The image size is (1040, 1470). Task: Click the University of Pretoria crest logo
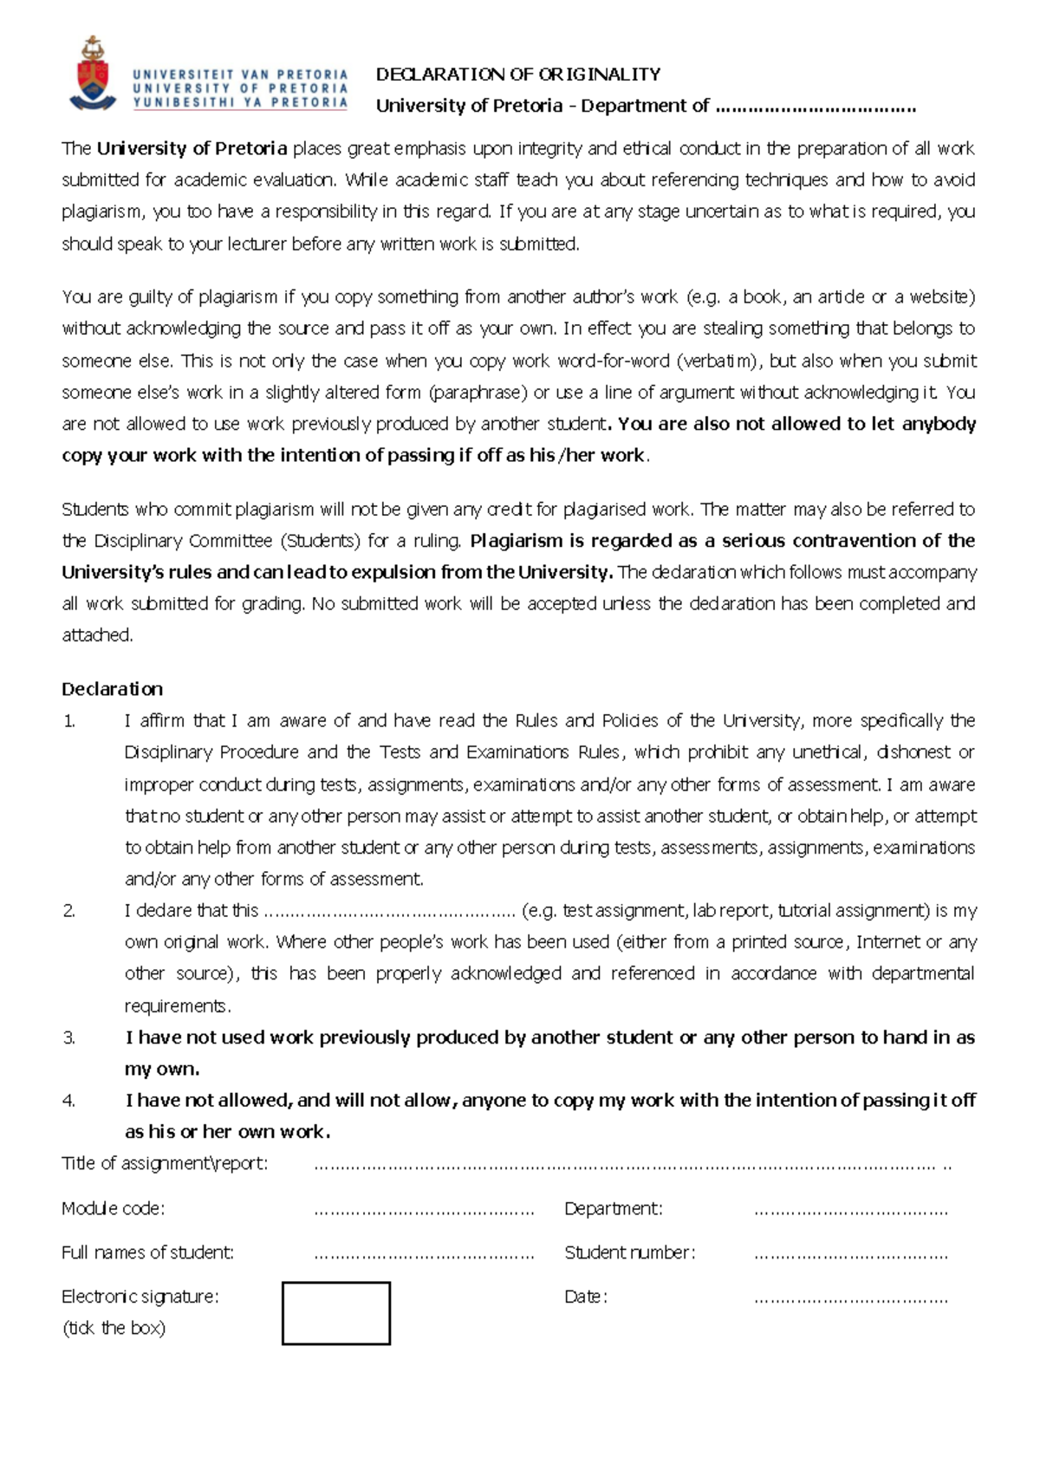click(x=93, y=75)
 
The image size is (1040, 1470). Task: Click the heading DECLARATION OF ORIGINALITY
click(x=518, y=75)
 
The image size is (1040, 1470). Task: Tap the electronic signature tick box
click(x=336, y=1313)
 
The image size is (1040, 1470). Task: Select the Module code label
click(x=113, y=1208)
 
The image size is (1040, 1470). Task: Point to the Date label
click(x=586, y=1297)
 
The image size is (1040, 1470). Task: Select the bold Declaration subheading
click(x=112, y=689)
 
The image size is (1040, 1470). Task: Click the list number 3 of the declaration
click(x=69, y=1037)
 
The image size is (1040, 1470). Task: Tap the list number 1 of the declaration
click(x=69, y=721)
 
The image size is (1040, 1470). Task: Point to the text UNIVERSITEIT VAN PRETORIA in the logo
click(x=240, y=75)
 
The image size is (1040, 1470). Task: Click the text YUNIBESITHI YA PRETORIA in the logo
click(x=240, y=102)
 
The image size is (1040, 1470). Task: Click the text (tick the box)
click(x=114, y=1328)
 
